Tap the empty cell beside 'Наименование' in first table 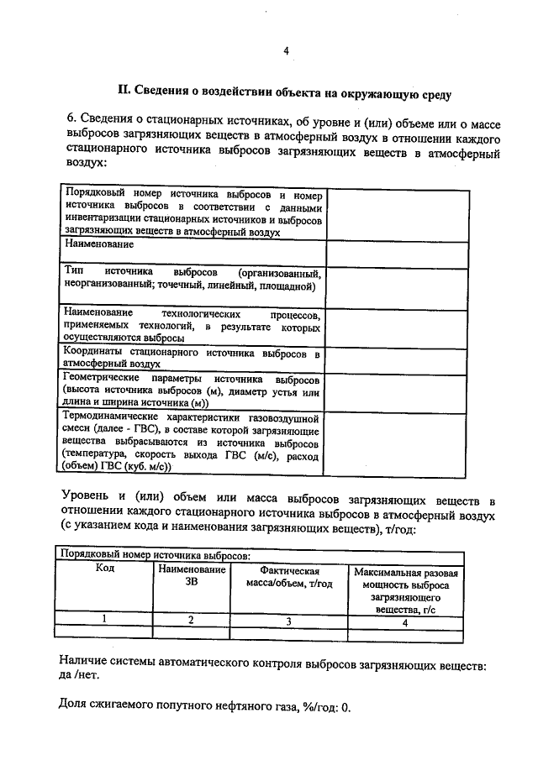click(x=395, y=253)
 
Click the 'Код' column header click(x=104, y=569)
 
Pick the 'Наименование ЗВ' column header click(x=191, y=576)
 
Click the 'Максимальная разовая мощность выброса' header click(x=405, y=579)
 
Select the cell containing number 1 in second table click(x=104, y=620)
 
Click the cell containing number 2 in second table click(x=191, y=620)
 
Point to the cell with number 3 click(x=288, y=621)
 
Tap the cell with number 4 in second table click(x=405, y=622)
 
